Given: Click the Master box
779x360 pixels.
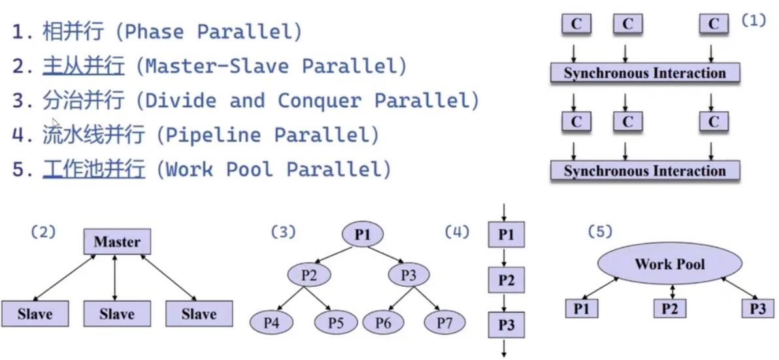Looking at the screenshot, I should click(117, 242).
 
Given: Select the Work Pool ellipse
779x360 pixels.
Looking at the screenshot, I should click(670, 265).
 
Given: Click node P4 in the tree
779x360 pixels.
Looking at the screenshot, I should click(271, 321).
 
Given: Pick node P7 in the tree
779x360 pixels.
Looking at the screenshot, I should click(444, 321).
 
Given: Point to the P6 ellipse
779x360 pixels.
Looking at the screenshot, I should click(384, 321).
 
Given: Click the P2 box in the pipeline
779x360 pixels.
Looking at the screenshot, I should click(506, 280).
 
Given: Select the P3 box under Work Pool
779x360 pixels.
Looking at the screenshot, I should click(757, 308).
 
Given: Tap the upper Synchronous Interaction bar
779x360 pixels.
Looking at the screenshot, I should click(644, 73).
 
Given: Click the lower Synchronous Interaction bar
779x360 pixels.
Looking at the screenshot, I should click(644, 171).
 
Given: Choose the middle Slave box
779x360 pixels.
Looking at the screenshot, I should click(117, 314).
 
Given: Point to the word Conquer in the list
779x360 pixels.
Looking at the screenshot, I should click(319, 101).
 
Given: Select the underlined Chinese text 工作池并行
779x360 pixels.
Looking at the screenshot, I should click(94, 169).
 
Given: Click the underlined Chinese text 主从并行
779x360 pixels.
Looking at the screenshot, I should click(83, 66).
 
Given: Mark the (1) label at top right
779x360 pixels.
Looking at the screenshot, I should click(753, 20).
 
